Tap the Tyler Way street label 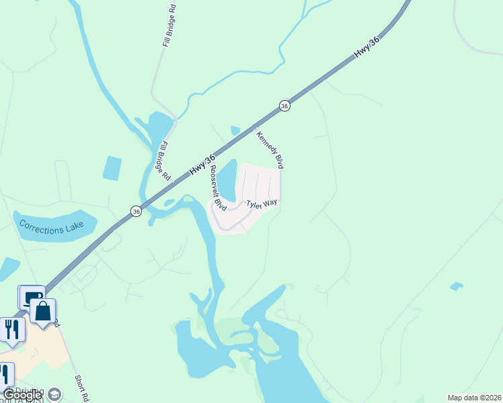tap(262, 204)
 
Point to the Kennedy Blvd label tap(269, 149)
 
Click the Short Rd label tap(83, 388)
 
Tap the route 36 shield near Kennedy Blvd tap(285, 106)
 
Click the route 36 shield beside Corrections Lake tap(137, 211)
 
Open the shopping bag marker tap(43, 311)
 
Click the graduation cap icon tap(55, 394)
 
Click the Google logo tap(22, 395)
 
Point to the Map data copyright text tap(474, 398)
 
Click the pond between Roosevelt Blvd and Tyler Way tap(228, 179)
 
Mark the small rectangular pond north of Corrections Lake tap(112, 168)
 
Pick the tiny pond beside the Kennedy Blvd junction tap(235, 130)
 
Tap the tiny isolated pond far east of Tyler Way tap(457, 286)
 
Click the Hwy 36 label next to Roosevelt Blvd tap(202, 165)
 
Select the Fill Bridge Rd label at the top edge tap(168, 28)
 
